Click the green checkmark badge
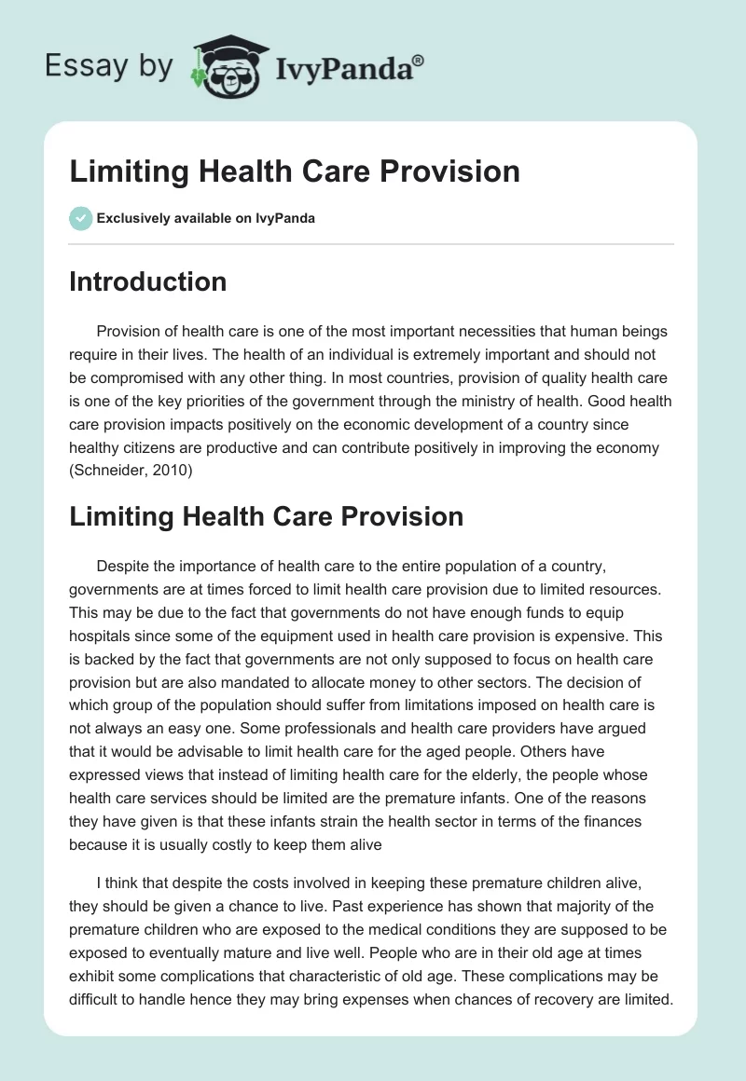80,218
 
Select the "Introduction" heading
147,281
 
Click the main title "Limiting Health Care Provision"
294,171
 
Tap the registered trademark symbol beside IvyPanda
419,60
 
